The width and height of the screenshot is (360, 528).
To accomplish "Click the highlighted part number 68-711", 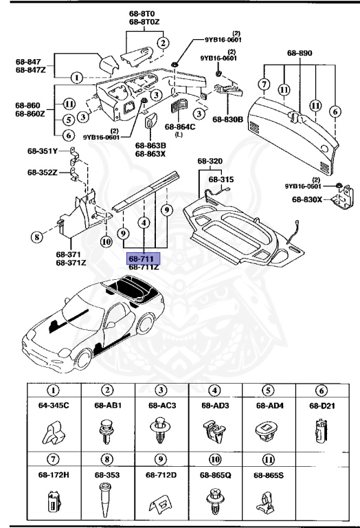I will click(x=143, y=258).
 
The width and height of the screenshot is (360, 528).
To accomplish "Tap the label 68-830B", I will click(x=227, y=120).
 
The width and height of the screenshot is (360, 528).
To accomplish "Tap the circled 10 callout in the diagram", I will click(x=106, y=241).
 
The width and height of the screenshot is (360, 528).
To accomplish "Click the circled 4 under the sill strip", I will click(x=143, y=223).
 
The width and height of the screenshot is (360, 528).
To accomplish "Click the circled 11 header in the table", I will click(x=269, y=459).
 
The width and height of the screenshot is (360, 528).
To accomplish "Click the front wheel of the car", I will click(x=81, y=360).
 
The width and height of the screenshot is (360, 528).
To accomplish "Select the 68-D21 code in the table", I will click(x=322, y=406).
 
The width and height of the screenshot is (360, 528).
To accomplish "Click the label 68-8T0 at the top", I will click(x=143, y=13).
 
